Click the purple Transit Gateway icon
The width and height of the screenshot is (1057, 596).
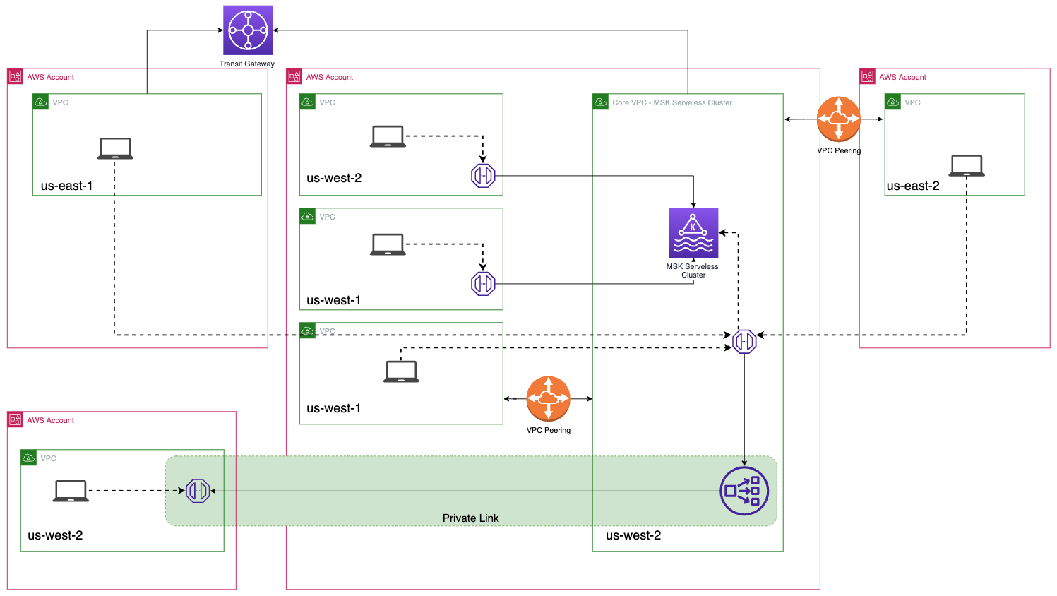(x=248, y=30)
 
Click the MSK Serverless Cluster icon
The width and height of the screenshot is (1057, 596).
(x=693, y=233)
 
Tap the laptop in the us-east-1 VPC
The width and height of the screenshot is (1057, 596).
(x=115, y=148)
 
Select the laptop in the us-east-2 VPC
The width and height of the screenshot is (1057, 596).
(x=967, y=165)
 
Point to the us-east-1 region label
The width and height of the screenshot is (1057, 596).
(x=66, y=186)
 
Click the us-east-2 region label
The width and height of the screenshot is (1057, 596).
(x=913, y=186)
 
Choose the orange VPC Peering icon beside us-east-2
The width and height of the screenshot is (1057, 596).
(x=838, y=119)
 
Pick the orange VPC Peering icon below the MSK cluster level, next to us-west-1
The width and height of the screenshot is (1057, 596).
(x=548, y=399)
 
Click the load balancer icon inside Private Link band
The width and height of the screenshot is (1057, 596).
(x=744, y=491)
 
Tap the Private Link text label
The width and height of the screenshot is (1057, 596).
(x=470, y=518)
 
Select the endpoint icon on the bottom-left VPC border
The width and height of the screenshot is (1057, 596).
(x=198, y=491)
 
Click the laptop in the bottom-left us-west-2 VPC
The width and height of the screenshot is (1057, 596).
(x=71, y=491)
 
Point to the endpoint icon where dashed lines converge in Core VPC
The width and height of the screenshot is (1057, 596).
(x=744, y=342)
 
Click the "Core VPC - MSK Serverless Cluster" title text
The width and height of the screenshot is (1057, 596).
(x=671, y=103)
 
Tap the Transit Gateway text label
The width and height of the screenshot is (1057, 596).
(x=246, y=64)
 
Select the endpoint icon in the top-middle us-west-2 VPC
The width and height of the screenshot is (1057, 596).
(x=483, y=176)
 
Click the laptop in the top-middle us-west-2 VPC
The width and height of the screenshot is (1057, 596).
(x=388, y=136)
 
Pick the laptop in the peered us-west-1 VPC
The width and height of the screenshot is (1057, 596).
(x=401, y=371)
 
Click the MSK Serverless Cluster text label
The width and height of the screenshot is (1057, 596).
(x=692, y=271)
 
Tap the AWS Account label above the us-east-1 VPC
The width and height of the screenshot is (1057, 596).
(x=50, y=78)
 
